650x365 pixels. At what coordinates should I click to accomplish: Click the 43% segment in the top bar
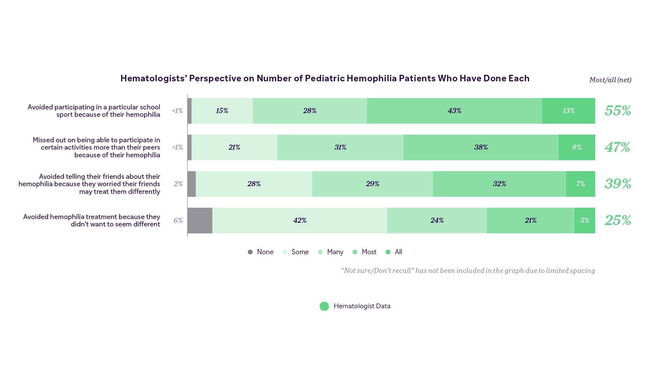click(x=454, y=111)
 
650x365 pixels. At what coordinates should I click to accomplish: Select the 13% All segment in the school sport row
click(x=569, y=111)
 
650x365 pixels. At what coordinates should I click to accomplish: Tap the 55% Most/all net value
click(x=618, y=111)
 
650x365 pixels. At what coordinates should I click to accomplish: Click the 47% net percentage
click(x=617, y=147)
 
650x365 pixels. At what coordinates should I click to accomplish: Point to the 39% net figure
click(x=618, y=184)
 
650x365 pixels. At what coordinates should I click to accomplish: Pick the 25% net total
click(x=618, y=220)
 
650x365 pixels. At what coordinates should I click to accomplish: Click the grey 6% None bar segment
click(x=200, y=220)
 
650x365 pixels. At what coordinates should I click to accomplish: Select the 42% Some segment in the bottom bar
click(x=300, y=220)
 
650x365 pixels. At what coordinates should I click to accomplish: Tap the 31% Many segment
click(x=340, y=147)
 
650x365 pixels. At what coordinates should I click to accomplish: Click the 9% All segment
click(x=577, y=147)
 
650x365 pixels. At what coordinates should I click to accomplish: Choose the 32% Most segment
click(x=499, y=184)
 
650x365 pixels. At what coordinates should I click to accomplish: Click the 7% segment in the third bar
click(x=580, y=184)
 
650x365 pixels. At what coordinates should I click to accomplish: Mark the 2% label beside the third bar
click(x=178, y=184)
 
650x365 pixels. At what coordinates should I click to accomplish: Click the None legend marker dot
click(x=250, y=252)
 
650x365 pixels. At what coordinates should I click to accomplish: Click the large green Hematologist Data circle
click(x=324, y=306)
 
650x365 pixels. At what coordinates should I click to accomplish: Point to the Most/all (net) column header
click(x=610, y=80)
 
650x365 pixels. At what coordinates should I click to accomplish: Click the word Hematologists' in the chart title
click(x=154, y=78)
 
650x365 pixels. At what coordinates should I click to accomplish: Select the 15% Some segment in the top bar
click(x=222, y=111)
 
